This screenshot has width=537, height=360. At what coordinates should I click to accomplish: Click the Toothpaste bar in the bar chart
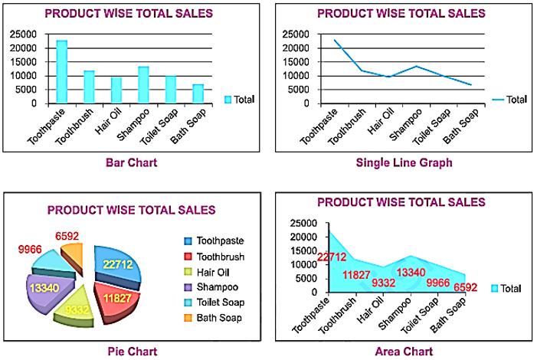click(x=61, y=72)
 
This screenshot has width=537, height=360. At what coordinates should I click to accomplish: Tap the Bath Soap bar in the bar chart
click(x=198, y=93)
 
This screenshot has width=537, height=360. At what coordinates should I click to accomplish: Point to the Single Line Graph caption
click(x=404, y=162)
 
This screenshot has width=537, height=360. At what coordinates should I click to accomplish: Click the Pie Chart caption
click(x=133, y=352)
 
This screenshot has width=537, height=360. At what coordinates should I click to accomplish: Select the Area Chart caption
click(x=404, y=352)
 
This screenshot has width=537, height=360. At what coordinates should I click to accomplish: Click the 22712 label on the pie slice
click(x=120, y=264)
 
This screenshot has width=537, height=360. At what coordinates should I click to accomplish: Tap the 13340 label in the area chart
click(x=411, y=272)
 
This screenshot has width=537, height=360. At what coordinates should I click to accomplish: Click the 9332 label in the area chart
click(x=384, y=283)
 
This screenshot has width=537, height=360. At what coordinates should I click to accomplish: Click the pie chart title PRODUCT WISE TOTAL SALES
click(x=131, y=211)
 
